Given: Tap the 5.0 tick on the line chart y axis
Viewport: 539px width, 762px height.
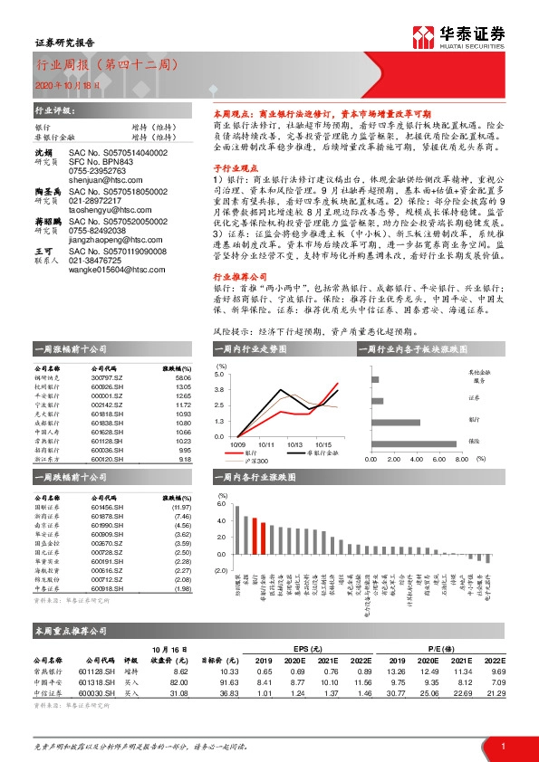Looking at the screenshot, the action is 219,373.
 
